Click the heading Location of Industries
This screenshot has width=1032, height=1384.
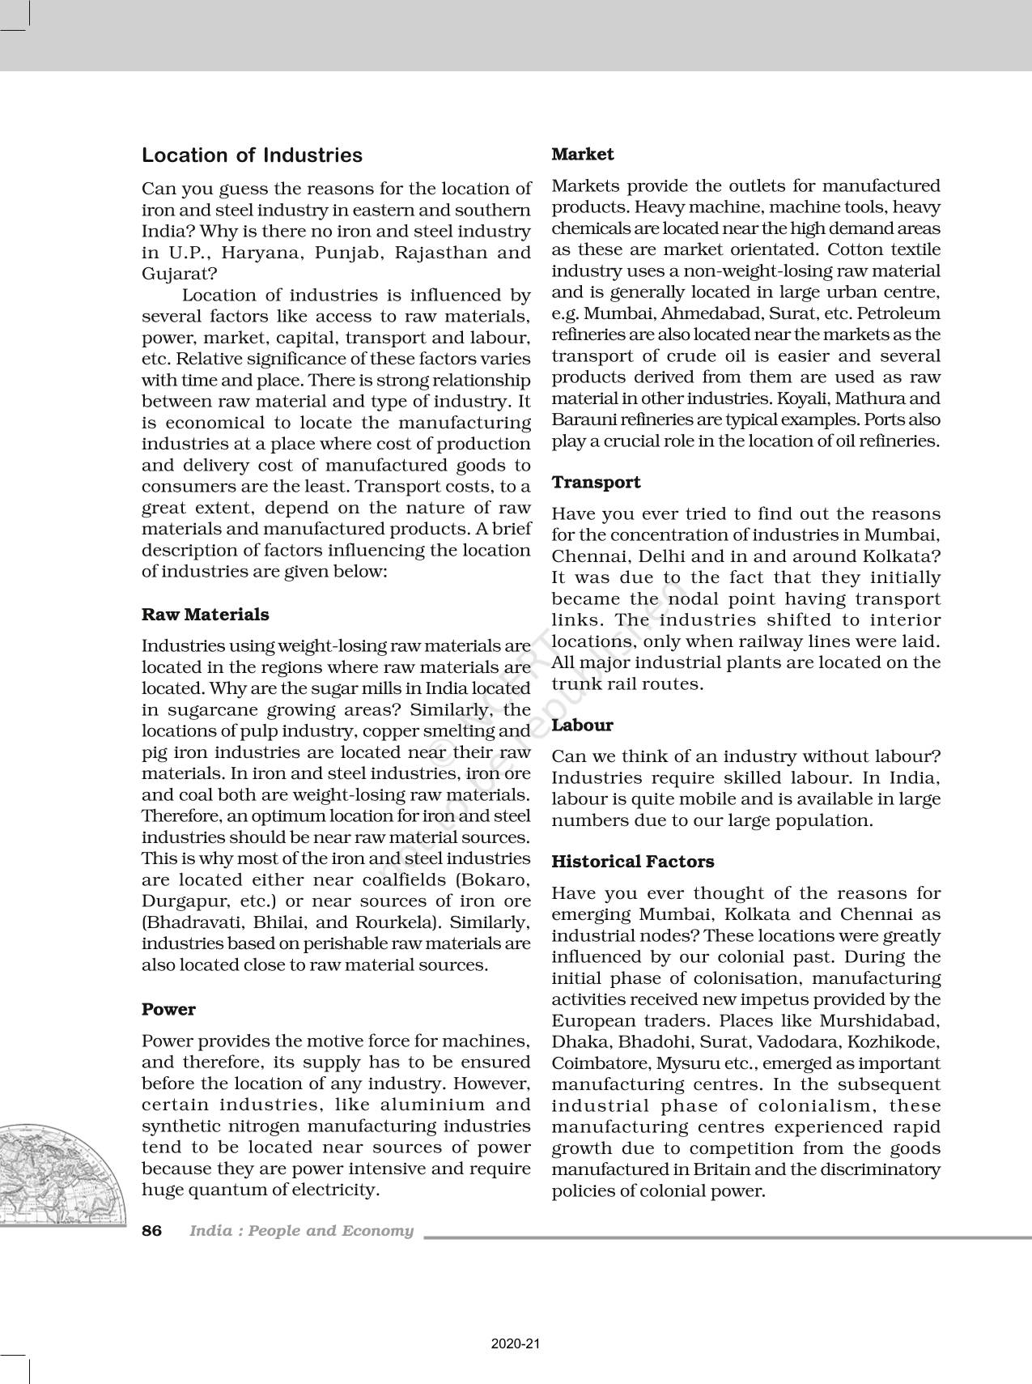pyautogui.click(x=252, y=155)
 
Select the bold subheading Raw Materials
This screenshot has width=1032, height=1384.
pyautogui.click(x=205, y=615)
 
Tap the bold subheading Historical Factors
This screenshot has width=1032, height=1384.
pyautogui.click(x=632, y=862)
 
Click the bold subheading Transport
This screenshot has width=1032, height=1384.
pyautogui.click(x=596, y=483)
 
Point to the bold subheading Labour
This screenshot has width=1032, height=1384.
pyautogui.click(x=582, y=726)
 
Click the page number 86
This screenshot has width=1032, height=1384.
pyautogui.click(x=151, y=1231)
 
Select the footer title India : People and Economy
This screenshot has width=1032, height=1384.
pyautogui.click(x=301, y=1231)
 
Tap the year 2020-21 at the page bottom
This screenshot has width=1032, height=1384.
pyautogui.click(x=516, y=1344)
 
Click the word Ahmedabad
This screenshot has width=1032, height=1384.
pyautogui.click(x=683, y=313)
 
